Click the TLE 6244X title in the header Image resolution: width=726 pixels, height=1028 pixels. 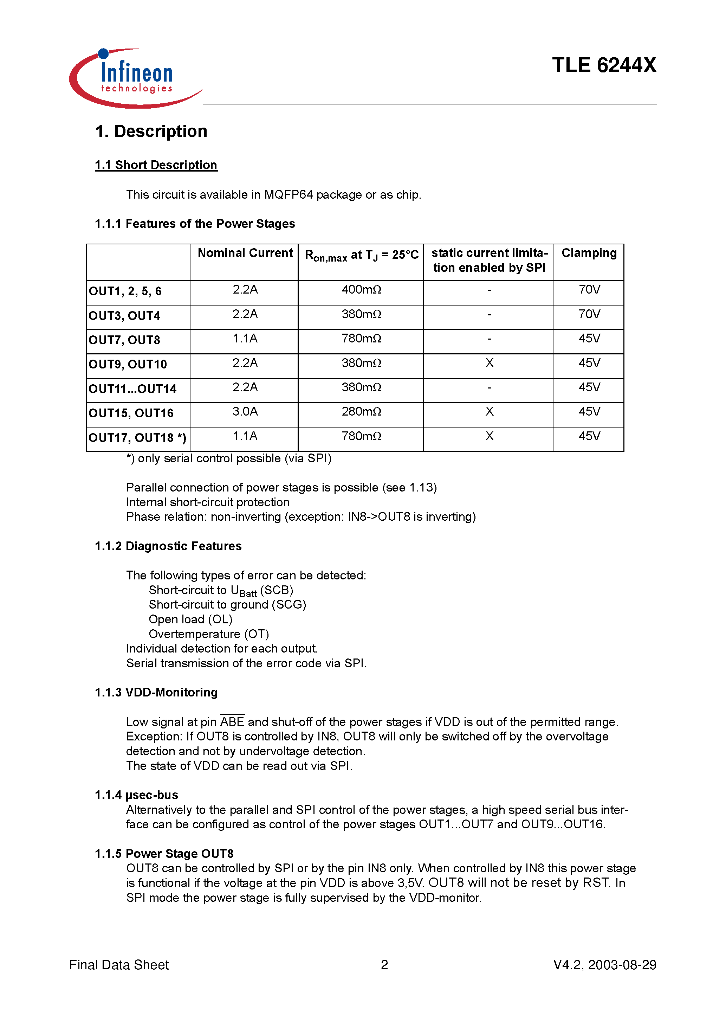tap(603, 65)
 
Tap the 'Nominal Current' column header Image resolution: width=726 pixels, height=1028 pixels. tap(245, 253)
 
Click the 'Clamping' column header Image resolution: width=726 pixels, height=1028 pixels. tap(589, 253)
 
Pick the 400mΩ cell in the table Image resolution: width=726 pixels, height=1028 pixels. tap(361, 290)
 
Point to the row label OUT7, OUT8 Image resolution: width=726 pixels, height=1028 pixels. tap(124, 340)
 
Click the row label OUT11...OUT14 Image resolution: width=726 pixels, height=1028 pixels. tap(132, 389)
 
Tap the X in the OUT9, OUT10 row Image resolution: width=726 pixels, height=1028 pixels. tap(489, 363)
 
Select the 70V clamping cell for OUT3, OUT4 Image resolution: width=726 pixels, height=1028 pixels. tap(589, 314)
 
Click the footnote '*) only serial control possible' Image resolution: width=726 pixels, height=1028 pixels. tap(229, 458)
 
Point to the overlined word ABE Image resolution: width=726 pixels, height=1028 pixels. tap(232, 722)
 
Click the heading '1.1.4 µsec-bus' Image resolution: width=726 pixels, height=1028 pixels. tap(136, 795)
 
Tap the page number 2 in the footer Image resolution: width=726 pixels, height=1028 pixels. tap(384, 965)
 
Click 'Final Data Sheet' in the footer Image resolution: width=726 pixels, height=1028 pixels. tap(119, 965)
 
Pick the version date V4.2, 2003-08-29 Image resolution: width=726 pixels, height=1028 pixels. tap(604, 965)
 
